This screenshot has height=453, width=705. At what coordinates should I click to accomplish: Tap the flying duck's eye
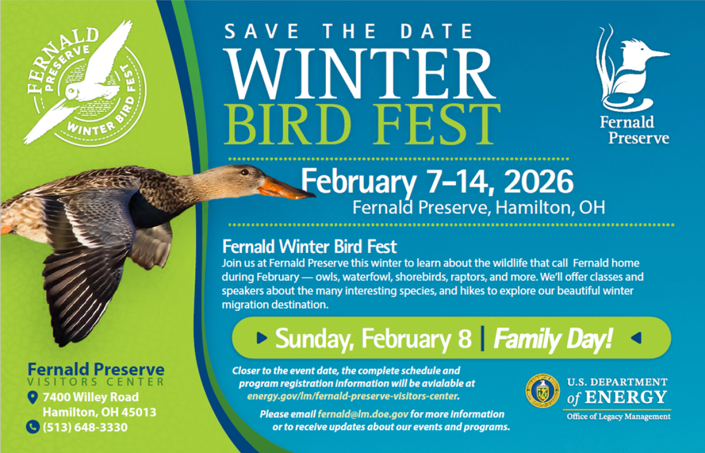244,172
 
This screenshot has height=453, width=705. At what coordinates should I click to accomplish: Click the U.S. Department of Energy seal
543,390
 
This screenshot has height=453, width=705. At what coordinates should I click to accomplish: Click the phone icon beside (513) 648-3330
32,427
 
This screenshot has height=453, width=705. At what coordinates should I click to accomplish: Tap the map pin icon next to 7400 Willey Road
32,398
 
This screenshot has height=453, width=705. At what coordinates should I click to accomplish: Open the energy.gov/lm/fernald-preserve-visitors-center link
352,396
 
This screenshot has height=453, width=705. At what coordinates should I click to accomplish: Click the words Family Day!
553,340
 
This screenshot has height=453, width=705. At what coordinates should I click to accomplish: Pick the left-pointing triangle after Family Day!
636,339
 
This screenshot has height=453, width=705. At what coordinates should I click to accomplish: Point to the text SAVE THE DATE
348,32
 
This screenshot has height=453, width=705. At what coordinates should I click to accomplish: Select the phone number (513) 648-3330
85,427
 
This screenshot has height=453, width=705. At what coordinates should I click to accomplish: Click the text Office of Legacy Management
618,416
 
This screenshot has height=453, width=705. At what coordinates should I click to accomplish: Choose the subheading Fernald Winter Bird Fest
309,246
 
